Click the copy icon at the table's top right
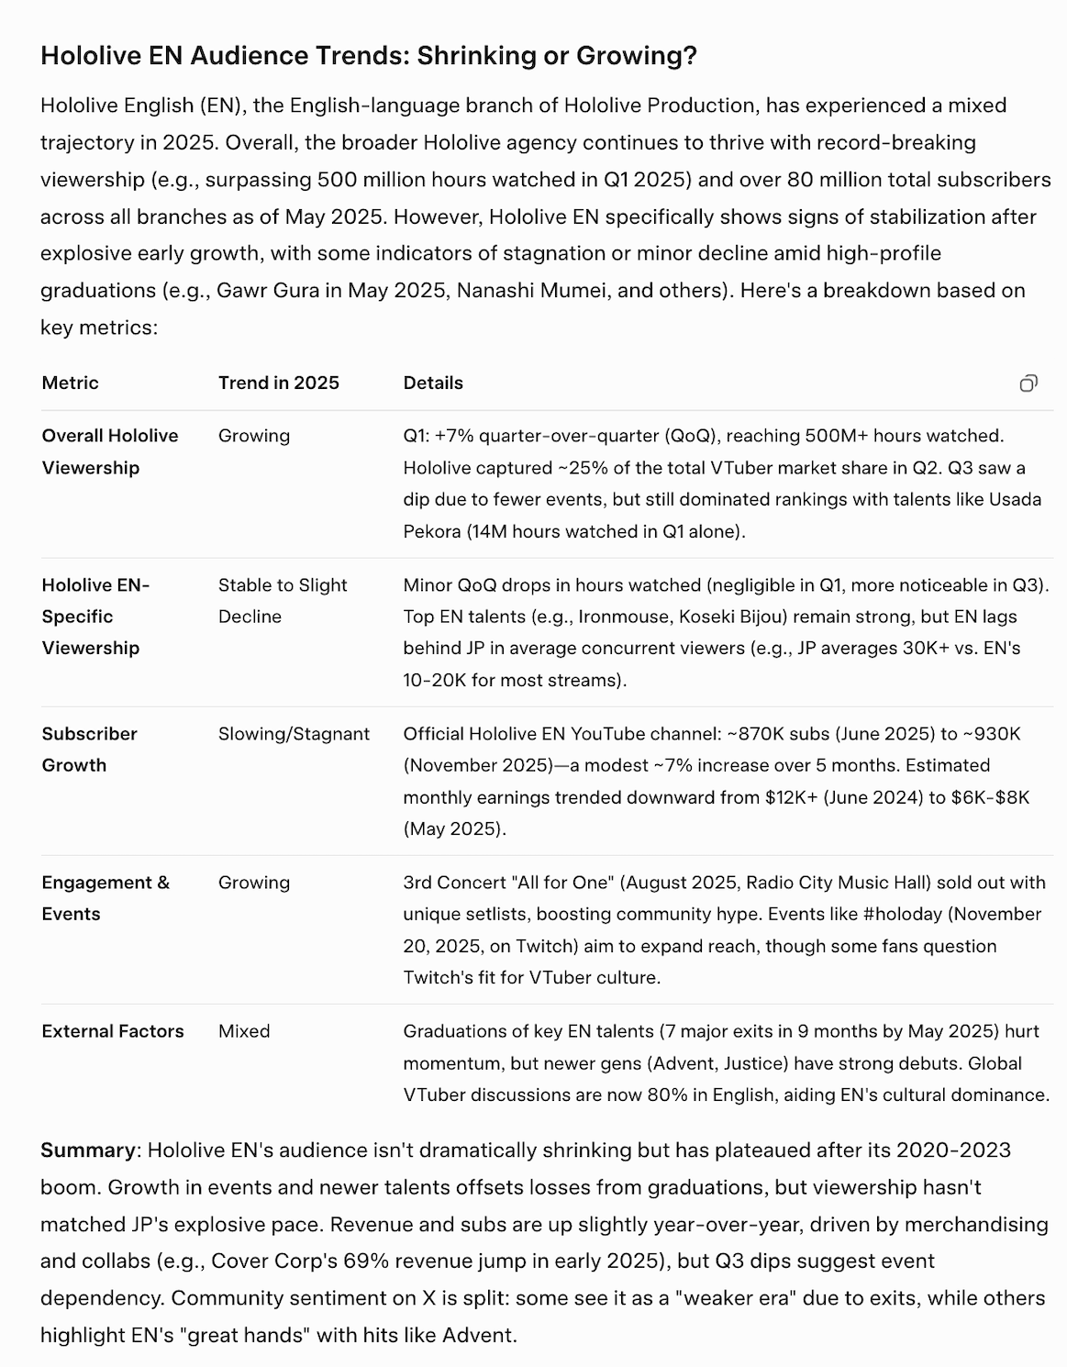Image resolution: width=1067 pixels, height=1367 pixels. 1028,383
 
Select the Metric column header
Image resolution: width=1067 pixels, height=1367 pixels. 70,383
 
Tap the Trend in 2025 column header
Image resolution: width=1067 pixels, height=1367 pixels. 278,383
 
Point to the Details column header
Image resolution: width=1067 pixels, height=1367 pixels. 433,383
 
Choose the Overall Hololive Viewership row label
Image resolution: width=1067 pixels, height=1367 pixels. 110,451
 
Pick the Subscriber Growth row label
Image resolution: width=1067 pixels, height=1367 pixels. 89,750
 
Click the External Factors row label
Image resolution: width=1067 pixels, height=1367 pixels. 113,1031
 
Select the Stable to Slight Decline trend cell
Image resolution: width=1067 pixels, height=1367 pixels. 283,601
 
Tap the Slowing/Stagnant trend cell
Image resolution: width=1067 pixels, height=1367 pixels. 294,734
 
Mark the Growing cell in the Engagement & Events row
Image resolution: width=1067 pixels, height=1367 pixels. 253,883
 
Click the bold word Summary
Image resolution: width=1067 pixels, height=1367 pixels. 87,1150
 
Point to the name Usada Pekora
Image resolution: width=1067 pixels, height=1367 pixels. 983,500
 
